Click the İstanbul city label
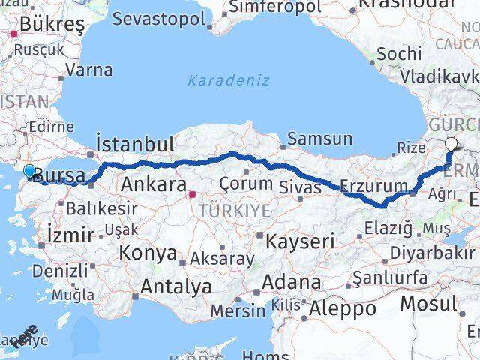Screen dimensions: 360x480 tap(136, 143)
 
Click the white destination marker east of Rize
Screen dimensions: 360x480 tap(451, 145)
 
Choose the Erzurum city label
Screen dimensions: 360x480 tap(373, 185)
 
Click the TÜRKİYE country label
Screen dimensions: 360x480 tap(234, 212)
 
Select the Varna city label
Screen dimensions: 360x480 tap(89, 70)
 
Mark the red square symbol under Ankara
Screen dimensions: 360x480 tap(192, 195)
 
